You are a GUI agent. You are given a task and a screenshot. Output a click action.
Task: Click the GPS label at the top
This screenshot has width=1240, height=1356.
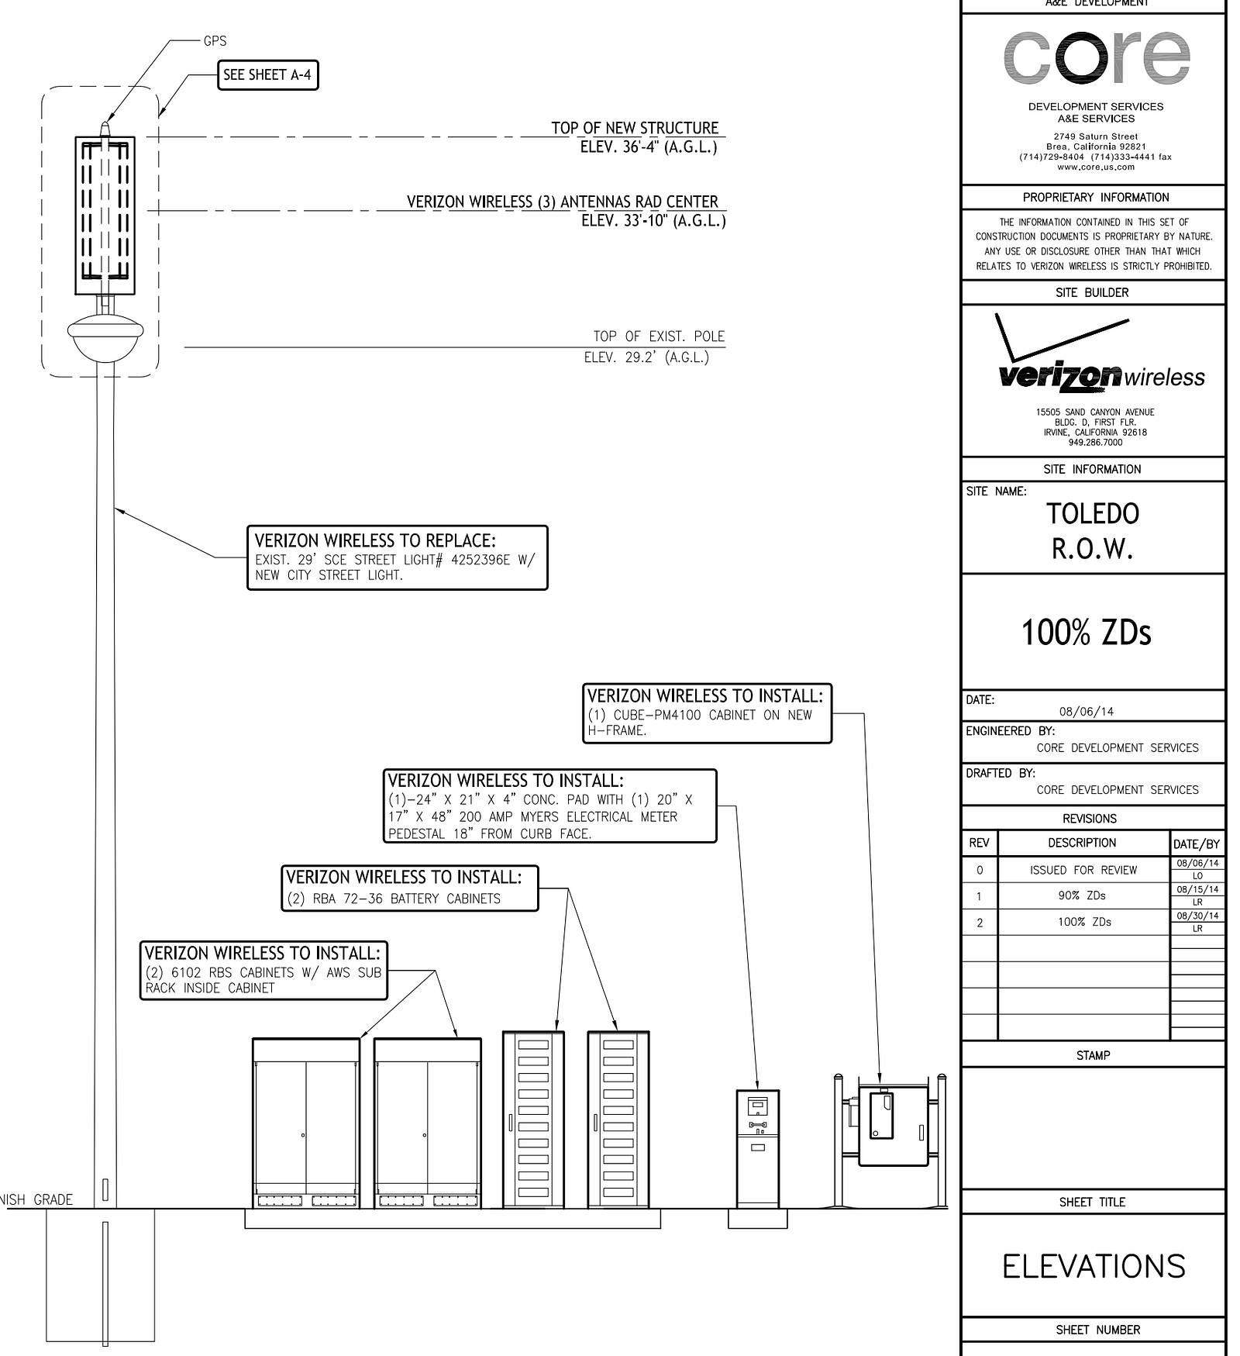pos(215,41)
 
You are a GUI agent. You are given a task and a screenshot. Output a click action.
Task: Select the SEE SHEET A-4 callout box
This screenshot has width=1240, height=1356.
pos(267,75)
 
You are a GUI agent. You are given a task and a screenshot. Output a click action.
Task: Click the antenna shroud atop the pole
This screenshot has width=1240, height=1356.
pos(105,215)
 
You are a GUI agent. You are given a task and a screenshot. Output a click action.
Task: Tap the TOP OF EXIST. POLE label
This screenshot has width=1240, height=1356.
pos(659,336)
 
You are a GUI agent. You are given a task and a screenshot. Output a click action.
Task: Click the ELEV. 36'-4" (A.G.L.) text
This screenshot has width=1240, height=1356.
pos(648,147)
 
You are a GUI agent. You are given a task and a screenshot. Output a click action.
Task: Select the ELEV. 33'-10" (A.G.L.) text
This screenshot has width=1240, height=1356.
pos(653,221)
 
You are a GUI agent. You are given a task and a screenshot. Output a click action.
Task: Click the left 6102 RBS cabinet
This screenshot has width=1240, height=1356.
pos(306,1121)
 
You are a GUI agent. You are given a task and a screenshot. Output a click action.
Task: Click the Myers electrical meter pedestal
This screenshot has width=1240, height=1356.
pos(757,1147)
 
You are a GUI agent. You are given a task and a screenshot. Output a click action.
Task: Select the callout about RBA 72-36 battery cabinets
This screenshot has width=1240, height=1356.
pos(409,888)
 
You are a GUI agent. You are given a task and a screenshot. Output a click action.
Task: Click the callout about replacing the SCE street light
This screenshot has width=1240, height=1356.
pos(397,558)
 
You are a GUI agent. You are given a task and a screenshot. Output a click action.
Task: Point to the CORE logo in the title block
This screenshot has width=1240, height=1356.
pos(1096,57)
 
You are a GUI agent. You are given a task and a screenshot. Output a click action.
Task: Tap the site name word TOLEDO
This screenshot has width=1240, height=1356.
pos(1093,514)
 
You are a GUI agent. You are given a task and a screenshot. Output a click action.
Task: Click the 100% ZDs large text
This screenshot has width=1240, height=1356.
pos(1087,633)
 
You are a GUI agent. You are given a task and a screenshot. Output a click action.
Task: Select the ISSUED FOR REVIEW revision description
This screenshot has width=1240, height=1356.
pos(1083,870)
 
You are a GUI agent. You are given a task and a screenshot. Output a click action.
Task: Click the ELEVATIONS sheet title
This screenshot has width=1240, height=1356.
pos(1094,1266)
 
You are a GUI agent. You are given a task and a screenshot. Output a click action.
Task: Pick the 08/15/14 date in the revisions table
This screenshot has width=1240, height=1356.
pos(1197,889)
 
